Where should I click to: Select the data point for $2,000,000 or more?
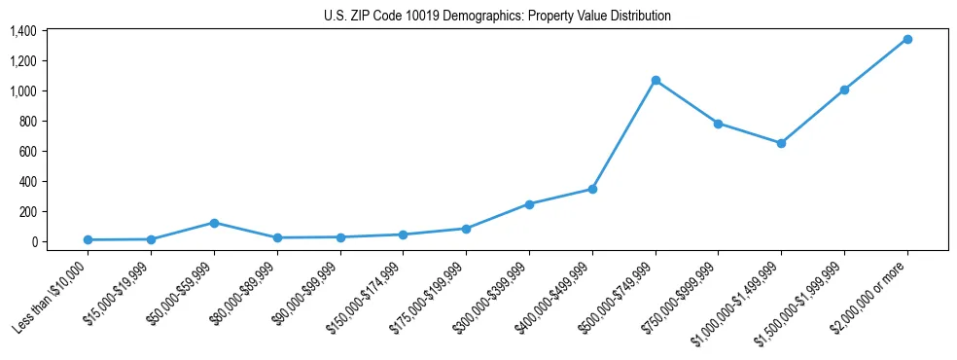(x=907, y=39)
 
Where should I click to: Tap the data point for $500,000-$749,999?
(x=656, y=80)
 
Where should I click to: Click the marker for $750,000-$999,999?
(x=718, y=124)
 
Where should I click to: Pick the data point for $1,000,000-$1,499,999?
(x=781, y=143)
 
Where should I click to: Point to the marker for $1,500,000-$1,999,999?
(x=844, y=90)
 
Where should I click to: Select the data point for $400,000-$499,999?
(x=592, y=189)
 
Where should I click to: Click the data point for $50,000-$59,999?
(x=214, y=223)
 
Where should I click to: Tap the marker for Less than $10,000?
(x=88, y=239)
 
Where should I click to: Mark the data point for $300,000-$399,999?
(x=529, y=204)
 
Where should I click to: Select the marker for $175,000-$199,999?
(x=466, y=229)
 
